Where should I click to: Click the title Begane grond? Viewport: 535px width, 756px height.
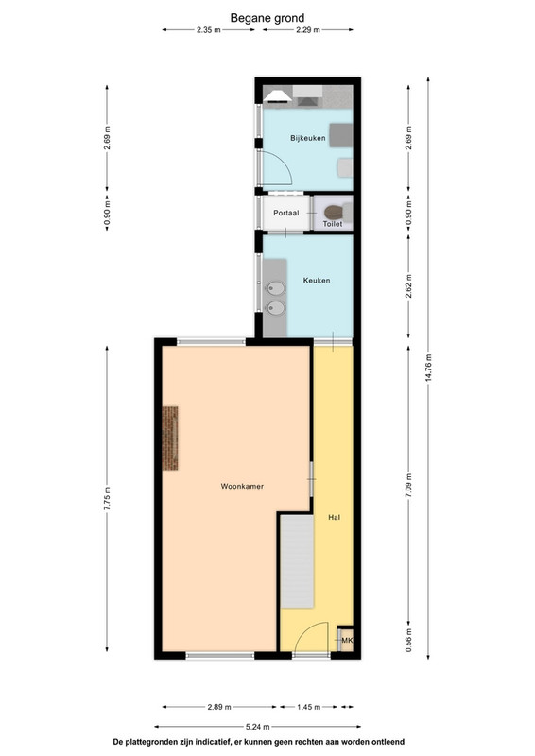(267, 18)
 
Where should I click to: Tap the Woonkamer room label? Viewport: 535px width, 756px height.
(242, 486)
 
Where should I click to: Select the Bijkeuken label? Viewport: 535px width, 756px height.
(308, 138)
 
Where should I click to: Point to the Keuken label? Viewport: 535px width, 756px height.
(317, 280)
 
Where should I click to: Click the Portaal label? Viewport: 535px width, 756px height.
(286, 213)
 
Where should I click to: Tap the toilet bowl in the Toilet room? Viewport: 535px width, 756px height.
(334, 212)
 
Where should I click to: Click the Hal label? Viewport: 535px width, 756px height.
(334, 517)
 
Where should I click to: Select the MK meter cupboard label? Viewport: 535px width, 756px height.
(347, 641)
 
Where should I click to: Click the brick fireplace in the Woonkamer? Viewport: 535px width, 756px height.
(170, 438)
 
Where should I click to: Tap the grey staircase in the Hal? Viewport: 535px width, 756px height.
(297, 560)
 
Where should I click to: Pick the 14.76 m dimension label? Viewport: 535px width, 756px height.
(428, 368)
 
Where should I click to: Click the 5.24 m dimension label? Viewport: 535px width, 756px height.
(257, 727)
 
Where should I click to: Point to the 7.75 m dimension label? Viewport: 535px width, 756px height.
(107, 499)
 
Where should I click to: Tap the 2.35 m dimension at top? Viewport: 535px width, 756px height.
(208, 30)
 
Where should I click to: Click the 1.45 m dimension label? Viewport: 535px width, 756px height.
(308, 707)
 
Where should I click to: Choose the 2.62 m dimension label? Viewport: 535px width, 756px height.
(409, 286)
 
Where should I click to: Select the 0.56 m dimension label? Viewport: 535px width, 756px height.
(409, 640)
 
